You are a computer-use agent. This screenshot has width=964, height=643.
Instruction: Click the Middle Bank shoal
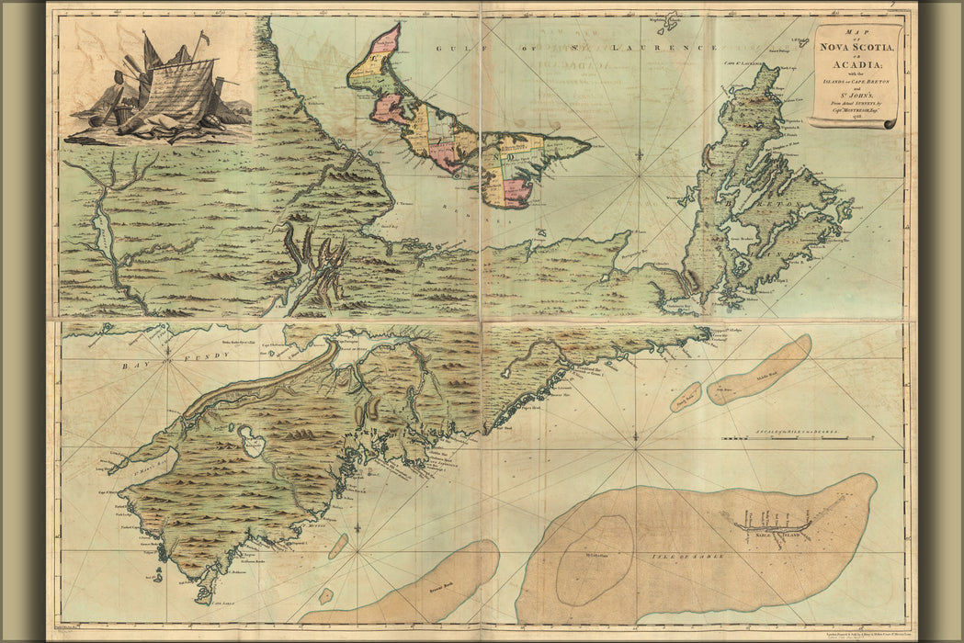click(x=759, y=370)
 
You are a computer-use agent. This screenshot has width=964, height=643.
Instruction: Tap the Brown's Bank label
click(x=428, y=584)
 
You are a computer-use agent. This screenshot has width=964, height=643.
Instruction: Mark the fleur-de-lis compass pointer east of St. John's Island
click(x=641, y=158)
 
